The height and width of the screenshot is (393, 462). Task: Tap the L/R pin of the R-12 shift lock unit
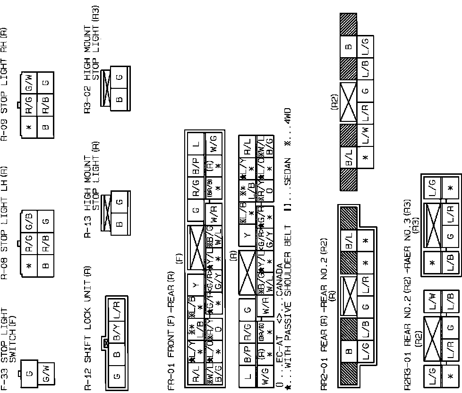pos(118,310)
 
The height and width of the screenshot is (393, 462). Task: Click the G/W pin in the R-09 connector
pos(29,80)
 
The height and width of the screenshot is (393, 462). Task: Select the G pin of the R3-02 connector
pos(119,76)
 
